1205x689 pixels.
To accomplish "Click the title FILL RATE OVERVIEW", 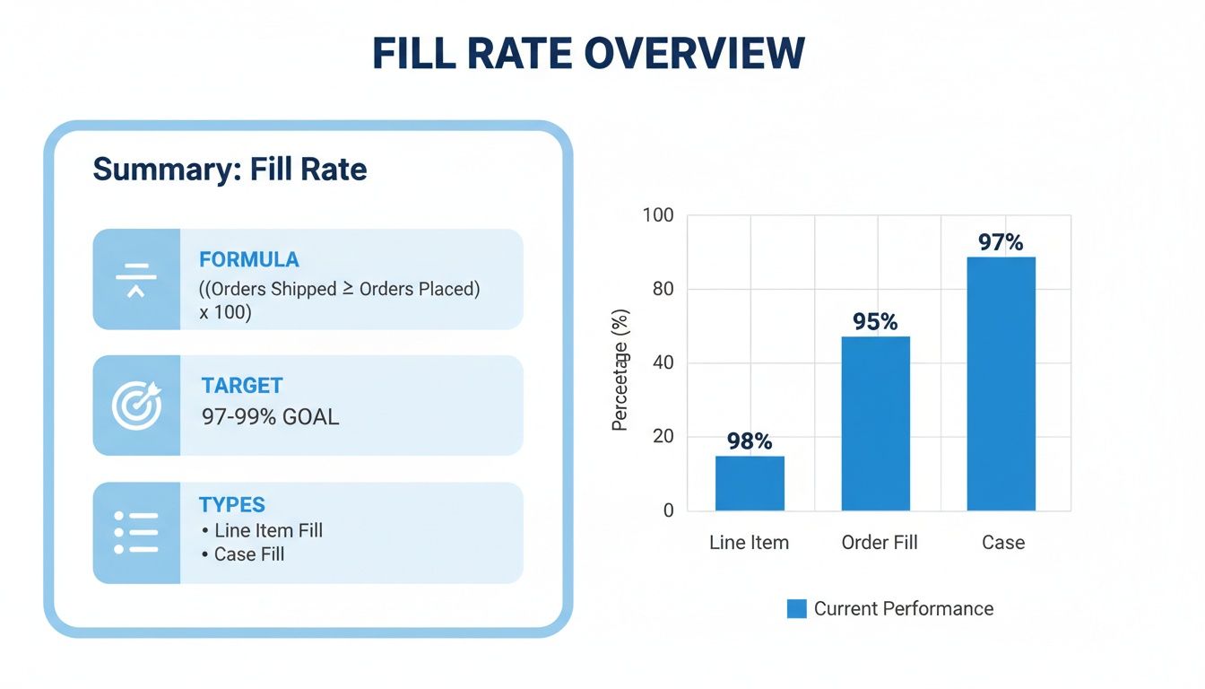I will tap(588, 54).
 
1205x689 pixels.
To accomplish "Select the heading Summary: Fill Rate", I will tap(230, 170).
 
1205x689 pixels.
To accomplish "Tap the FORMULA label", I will tap(248, 260).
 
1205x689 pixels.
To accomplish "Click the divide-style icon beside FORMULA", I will tap(136, 279).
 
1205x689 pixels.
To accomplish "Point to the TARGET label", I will tap(241, 386).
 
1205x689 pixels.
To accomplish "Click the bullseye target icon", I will tap(136, 406).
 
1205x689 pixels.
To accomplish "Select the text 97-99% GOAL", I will tap(270, 417).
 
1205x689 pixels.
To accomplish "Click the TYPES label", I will tap(232, 504).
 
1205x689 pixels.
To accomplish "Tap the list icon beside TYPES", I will tap(136, 533).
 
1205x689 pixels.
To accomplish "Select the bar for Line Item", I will tap(750, 484).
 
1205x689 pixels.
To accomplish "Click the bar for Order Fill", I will tap(875, 423).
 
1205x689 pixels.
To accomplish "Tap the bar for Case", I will tap(1001, 384).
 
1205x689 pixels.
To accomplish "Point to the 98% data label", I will tap(750, 441).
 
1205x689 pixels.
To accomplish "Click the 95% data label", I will tap(875, 322).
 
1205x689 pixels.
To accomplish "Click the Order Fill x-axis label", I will tap(879, 543).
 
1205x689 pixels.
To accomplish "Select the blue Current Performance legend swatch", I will tap(796, 609).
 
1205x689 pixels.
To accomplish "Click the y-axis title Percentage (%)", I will tap(620, 370).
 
